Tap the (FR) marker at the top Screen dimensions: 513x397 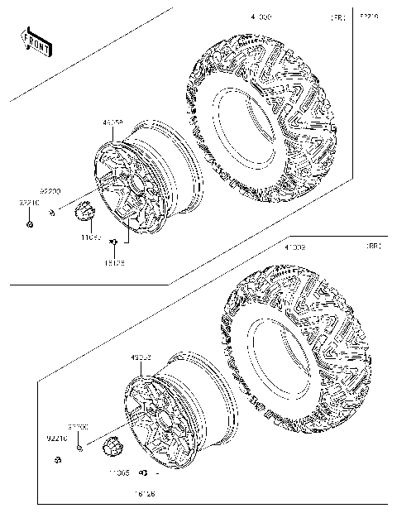pyautogui.click(x=338, y=17)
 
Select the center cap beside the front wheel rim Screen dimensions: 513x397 pyautogui.click(x=87, y=213)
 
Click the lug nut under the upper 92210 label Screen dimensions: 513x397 pyautogui.click(x=29, y=224)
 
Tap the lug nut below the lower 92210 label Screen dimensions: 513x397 pyautogui.click(x=58, y=459)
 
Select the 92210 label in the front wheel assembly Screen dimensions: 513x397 pyautogui.click(x=27, y=202)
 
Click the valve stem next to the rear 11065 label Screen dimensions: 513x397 pyautogui.click(x=143, y=473)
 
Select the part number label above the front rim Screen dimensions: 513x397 pyautogui.click(x=113, y=123)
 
